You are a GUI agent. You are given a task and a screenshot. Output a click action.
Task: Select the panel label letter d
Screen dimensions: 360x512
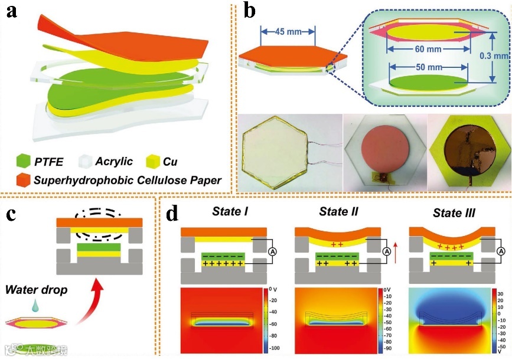[172, 214]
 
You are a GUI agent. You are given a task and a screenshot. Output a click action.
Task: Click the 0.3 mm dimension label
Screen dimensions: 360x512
[496, 57]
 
